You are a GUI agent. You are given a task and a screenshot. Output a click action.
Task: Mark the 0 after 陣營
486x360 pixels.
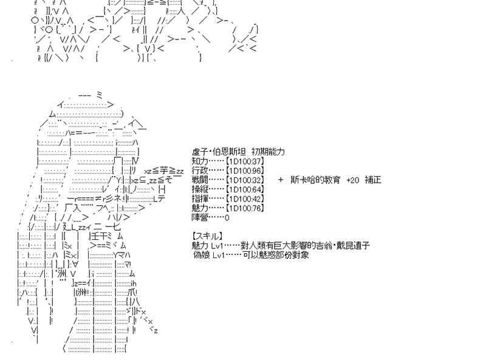pos(227,217)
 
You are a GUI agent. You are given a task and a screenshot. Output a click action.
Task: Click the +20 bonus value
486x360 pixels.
pos(352,180)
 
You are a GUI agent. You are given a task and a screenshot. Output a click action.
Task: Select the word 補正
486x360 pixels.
pos(373,180)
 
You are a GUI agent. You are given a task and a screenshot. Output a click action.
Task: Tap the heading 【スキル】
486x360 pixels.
pos(207,236)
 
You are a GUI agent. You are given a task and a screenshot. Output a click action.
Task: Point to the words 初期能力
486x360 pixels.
pos(268,152)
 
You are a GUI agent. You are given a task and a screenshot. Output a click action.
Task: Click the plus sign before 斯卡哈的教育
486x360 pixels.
pos(281,180)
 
